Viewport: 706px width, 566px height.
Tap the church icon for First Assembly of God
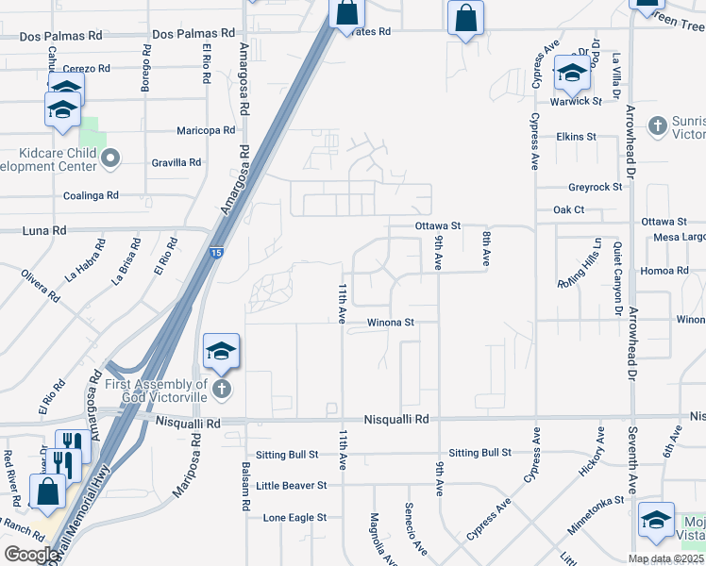(x=221, y=389)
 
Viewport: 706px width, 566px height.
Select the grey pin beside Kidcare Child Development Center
(x=110, y=158)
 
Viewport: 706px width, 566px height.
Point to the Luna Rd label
(x=44, y=230)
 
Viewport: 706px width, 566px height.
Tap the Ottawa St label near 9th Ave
(x=437, y=226)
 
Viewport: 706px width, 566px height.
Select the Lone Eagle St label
(x=294, y=518)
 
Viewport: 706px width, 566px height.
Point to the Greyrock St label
(x=595, y=187)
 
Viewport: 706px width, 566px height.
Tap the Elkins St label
(x=576, y=137)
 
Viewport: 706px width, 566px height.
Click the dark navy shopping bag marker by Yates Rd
(x=346, y=13)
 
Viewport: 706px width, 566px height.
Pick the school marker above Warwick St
(x=572, y=72)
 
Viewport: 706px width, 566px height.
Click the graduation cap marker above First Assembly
(x=221, y=353)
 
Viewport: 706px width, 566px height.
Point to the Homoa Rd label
(x=665, y=271)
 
